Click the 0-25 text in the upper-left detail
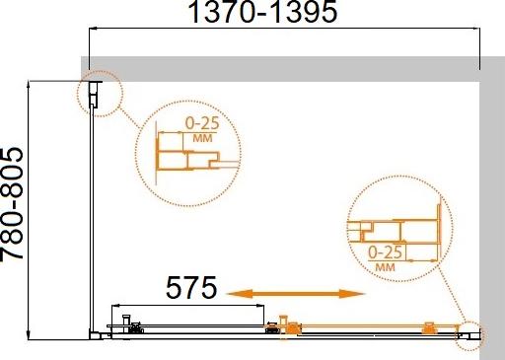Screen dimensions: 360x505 (204, 124)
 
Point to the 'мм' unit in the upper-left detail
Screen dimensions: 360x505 (203, 139)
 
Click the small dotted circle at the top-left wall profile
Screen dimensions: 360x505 (96, 93)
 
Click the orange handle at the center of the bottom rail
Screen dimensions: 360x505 (286, 324)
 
